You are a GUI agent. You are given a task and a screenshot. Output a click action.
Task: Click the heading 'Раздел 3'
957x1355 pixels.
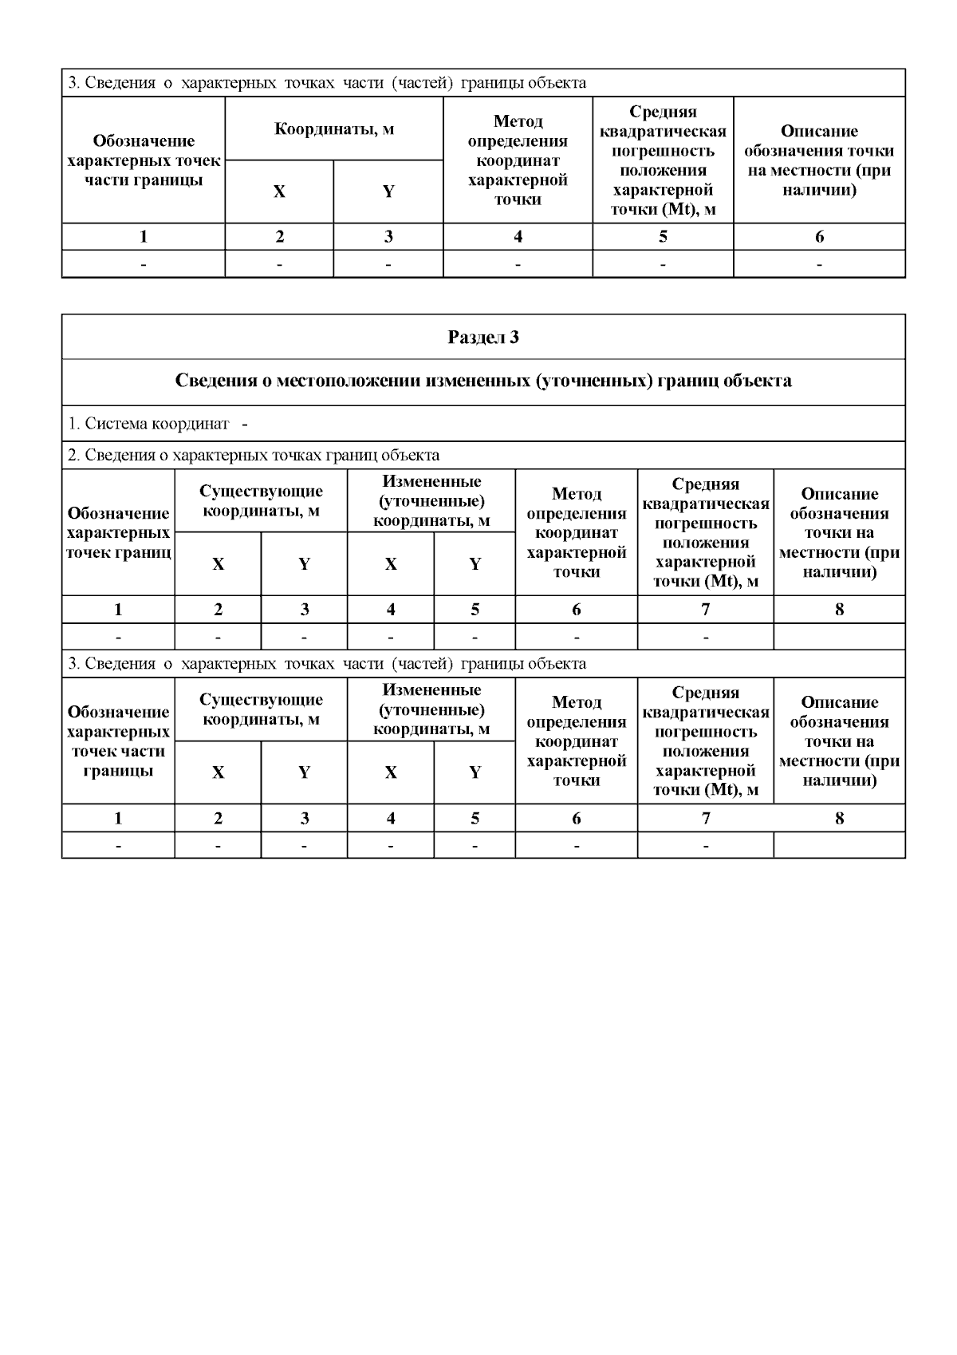tap(483, 338)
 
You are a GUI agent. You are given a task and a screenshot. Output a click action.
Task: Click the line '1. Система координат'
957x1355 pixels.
tap(157, 424)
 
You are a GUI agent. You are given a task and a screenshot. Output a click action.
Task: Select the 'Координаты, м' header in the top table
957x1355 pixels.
tap(334, 129)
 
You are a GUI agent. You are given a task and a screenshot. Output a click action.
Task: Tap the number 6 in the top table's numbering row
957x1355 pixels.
tap(819, 237)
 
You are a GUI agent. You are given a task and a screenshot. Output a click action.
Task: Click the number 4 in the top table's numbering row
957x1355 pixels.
tap(518, 237)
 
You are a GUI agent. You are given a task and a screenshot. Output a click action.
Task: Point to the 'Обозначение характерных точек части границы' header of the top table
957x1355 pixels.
tap(144, 160)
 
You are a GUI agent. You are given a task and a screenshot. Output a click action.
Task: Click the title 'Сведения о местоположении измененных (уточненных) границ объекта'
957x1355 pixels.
tap(483, 381)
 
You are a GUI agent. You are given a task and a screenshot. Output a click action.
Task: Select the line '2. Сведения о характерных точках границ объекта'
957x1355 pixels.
tap(254, 456)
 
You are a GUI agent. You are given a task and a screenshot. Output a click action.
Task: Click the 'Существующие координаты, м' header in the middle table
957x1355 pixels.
tap(261, 501)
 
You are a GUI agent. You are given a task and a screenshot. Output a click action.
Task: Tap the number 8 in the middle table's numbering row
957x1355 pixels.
tap(839, 610)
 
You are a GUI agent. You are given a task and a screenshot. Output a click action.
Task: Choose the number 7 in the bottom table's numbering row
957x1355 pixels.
tap(705, 819)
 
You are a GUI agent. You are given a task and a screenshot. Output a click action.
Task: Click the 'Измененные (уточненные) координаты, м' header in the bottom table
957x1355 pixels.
tap(431, 709)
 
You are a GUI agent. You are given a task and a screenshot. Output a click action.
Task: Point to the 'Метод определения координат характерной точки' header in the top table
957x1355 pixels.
tap(518, 160)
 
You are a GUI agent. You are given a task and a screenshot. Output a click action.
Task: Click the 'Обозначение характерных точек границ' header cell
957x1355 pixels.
tap(118, 532)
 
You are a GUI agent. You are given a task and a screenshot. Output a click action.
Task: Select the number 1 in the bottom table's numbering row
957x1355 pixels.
tap(118, 819)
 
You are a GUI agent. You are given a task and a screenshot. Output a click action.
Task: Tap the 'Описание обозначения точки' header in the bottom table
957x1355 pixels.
tap(839, 741)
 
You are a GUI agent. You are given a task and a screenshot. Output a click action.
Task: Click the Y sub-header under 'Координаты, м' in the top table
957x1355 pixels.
tap(388, 192)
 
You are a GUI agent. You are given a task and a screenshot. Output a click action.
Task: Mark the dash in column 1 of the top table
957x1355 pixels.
tap(144, 264)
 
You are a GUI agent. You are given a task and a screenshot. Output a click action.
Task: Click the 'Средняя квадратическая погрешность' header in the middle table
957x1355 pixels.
tap(705, 532)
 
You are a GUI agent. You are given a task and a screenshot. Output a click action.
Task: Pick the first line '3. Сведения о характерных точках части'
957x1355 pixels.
tap(327, 83)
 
